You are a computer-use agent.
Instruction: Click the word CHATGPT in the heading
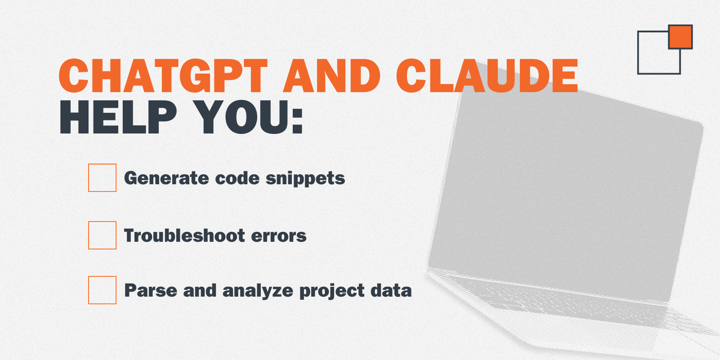(x=163, y=76)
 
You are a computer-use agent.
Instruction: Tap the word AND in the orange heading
(x=332, y=76)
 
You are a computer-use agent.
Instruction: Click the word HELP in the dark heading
(x=118, y=117)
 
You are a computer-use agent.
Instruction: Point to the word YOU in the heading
(x=241, y=117)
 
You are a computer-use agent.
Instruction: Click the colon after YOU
(x=298, y=120)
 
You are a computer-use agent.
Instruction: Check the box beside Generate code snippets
(x=102, y=178)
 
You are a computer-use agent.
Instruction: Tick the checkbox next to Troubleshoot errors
(x=102, y=235)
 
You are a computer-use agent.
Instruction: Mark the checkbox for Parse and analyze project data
(x=102, y=290)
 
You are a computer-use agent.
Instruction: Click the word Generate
(x=166, y=178)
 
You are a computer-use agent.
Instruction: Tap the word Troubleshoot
(x=185, y=236)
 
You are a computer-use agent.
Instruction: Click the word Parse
(x=151, y=290)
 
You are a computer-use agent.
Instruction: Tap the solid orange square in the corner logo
(x=680, y=37)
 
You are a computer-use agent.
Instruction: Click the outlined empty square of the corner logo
(x=638, y=53)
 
